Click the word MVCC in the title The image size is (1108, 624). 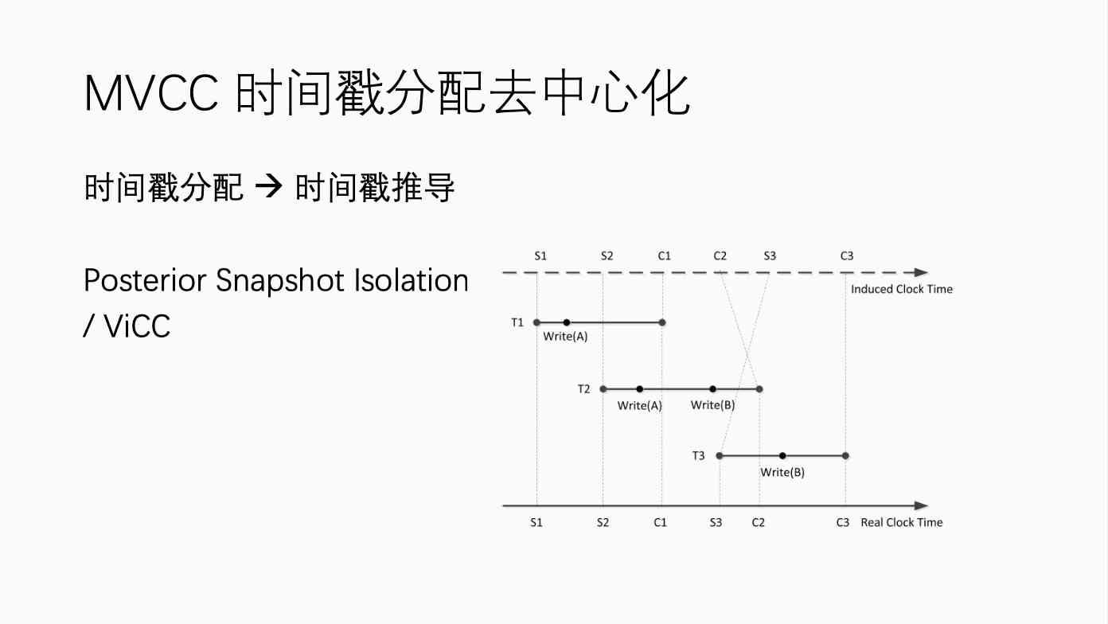point(151,93)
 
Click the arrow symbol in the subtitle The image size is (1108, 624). point(268,187)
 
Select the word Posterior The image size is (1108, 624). point(145,281)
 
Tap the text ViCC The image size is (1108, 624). point(137,326)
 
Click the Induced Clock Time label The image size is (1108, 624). point(902,289)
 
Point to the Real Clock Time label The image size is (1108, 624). point(902,522)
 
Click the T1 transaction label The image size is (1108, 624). point(517,322)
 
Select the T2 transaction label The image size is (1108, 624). point(583,389)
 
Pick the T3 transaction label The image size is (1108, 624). point(698,455)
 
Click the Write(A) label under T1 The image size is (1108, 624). point(565,337)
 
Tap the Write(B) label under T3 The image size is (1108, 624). point(782,472)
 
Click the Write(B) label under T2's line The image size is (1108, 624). point(712,405)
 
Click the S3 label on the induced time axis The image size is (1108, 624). point(770,255)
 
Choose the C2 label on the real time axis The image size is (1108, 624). point(759,522)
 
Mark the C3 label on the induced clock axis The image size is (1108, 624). point(847,255)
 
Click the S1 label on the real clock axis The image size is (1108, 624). point(536,522)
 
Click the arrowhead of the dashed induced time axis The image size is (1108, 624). point(921,272)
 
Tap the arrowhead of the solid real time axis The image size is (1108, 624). point(921,506)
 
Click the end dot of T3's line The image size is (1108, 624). point(845,456)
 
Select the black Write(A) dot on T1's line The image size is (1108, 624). point(567,322)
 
